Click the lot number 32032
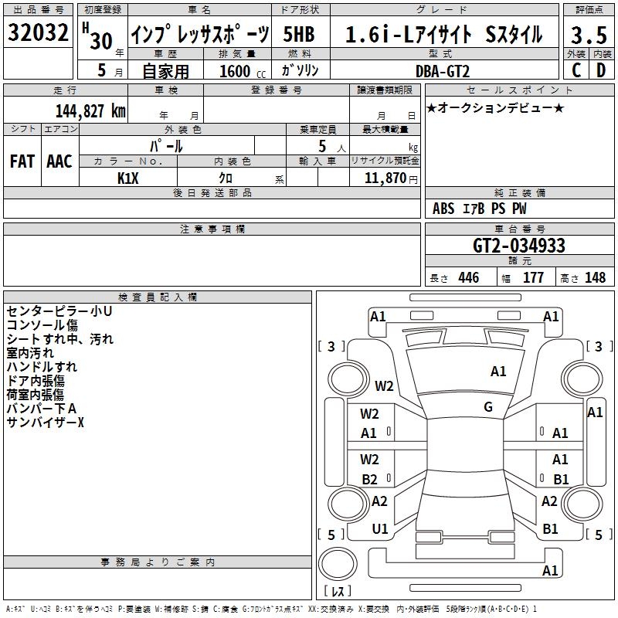pyautogui.click(x=38, y=32)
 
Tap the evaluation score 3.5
pyautogui.click(x=589, y=35)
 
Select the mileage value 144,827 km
pyautogui.click(x=90, y=111)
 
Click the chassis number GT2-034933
pyautogui.click(x=519, y=245)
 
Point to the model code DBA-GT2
pyautogui.click(x=443, y=71)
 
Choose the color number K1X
pyautogui.click(x=128, y=178)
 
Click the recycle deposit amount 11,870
pyautogui.click(x=385, y=178)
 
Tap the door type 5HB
pyautogui.click(x=299, y=34)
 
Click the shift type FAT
pyautogui.click(x=22, y=161)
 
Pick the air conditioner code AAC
pyautogui.click(x=59, y=161)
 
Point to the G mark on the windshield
pyautogui.click(x=488, y=406)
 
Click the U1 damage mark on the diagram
pyautogui.click(x=380, y=529)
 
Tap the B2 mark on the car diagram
pyautogui.click(x=370, y=479)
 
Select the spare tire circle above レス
pyautogui.click(x=338, y=563)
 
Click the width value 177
pyautogui.click(x=533, y=277)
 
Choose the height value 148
pyautogui.click(x=595, y=277)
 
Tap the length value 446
pyautogui.click(x=469, y=277)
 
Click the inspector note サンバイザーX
pyautogui.click(x=46, y=423)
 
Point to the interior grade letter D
pyautogui.click(x=601, y=70)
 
